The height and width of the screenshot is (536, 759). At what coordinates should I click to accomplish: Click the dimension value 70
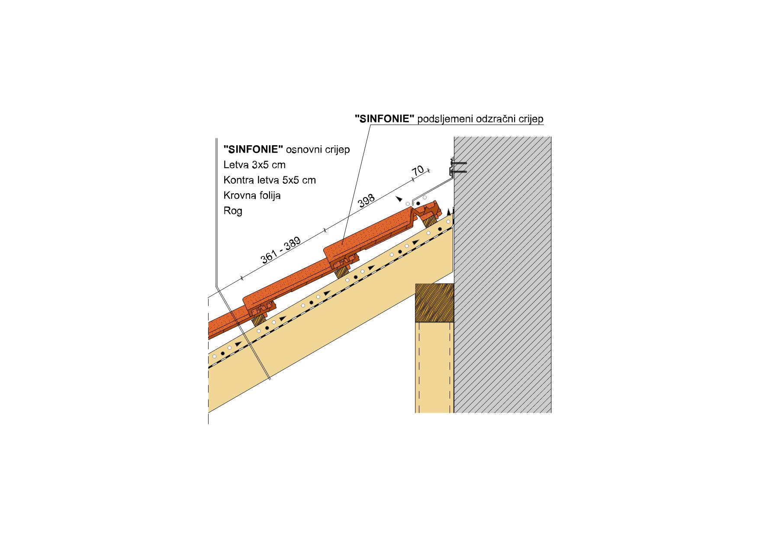click(x=418, y=170)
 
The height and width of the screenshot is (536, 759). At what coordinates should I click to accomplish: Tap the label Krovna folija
click(x=252, y=195)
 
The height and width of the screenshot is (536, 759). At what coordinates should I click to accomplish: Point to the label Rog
click(x=233, y=211)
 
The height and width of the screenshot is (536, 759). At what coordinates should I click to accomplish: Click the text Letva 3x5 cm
click(x=254, y=165)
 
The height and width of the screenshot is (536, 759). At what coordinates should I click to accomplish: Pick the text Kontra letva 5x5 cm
click(x=270, y=180)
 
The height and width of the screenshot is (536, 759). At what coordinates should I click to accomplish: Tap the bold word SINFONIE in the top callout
click(x=385, y=119)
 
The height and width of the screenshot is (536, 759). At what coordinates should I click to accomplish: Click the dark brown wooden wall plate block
click(x=434, y=303)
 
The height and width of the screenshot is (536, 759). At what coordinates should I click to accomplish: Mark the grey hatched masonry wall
click(x=502, y=274)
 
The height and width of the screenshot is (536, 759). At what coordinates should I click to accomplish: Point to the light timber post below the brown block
click(x=434, y=367)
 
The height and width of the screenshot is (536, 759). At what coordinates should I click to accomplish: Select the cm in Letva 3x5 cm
click(x=278, y=165)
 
